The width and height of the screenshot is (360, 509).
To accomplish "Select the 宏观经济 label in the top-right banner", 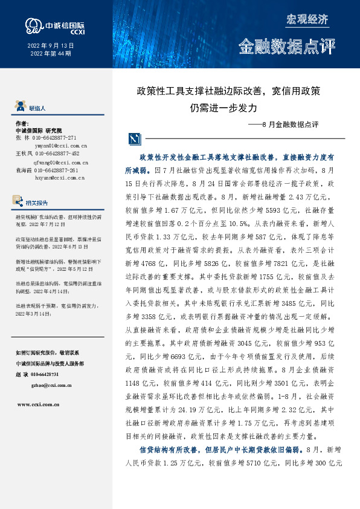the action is click(307, 19).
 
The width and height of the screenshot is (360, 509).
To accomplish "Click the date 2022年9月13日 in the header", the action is click(51, 46).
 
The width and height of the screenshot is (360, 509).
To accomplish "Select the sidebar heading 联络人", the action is click(36, 108).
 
